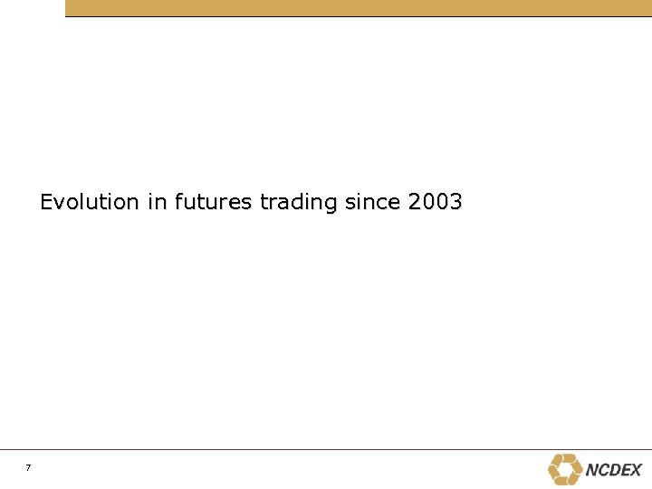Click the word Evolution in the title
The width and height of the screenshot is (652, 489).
(x=89, y=201)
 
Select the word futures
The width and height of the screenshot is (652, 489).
(x=212, y=201)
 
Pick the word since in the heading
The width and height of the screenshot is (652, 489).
(x=373, y=201)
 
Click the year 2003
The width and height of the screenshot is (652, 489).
(x=435, y=201)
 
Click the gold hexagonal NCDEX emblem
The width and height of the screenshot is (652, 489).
(x=565, y=469)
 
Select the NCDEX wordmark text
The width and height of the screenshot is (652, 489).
(x=613, y=470)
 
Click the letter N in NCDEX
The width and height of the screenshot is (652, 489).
(x=592, y=470)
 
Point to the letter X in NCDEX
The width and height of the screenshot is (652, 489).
(x=635, y=470)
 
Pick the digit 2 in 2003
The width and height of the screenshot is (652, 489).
(x=415, y=201)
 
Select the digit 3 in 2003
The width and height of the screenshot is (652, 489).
(x=455, y=201)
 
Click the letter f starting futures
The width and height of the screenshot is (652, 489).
(x=177, y=201)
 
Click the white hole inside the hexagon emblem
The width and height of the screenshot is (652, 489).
(x=565, y=469)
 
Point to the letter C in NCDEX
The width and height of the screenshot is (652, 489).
(x=603, y=470)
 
